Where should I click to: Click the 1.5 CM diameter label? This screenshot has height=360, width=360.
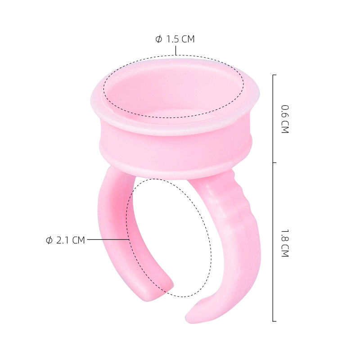point(175,39)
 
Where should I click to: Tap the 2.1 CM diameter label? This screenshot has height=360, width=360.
point(65,240)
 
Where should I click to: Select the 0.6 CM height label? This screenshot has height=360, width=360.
point(285,119)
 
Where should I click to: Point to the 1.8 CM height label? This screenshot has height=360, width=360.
point(285,243)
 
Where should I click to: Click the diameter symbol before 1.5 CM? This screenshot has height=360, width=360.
point(159,39)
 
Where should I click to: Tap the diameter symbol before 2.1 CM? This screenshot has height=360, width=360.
point(49,240)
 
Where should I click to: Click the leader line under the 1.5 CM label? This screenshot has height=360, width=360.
point(176,50)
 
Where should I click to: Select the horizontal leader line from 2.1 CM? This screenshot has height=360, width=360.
point(108,239)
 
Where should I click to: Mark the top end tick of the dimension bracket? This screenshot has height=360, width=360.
point(274,75)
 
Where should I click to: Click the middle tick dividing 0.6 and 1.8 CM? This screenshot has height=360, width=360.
point(274,162)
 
